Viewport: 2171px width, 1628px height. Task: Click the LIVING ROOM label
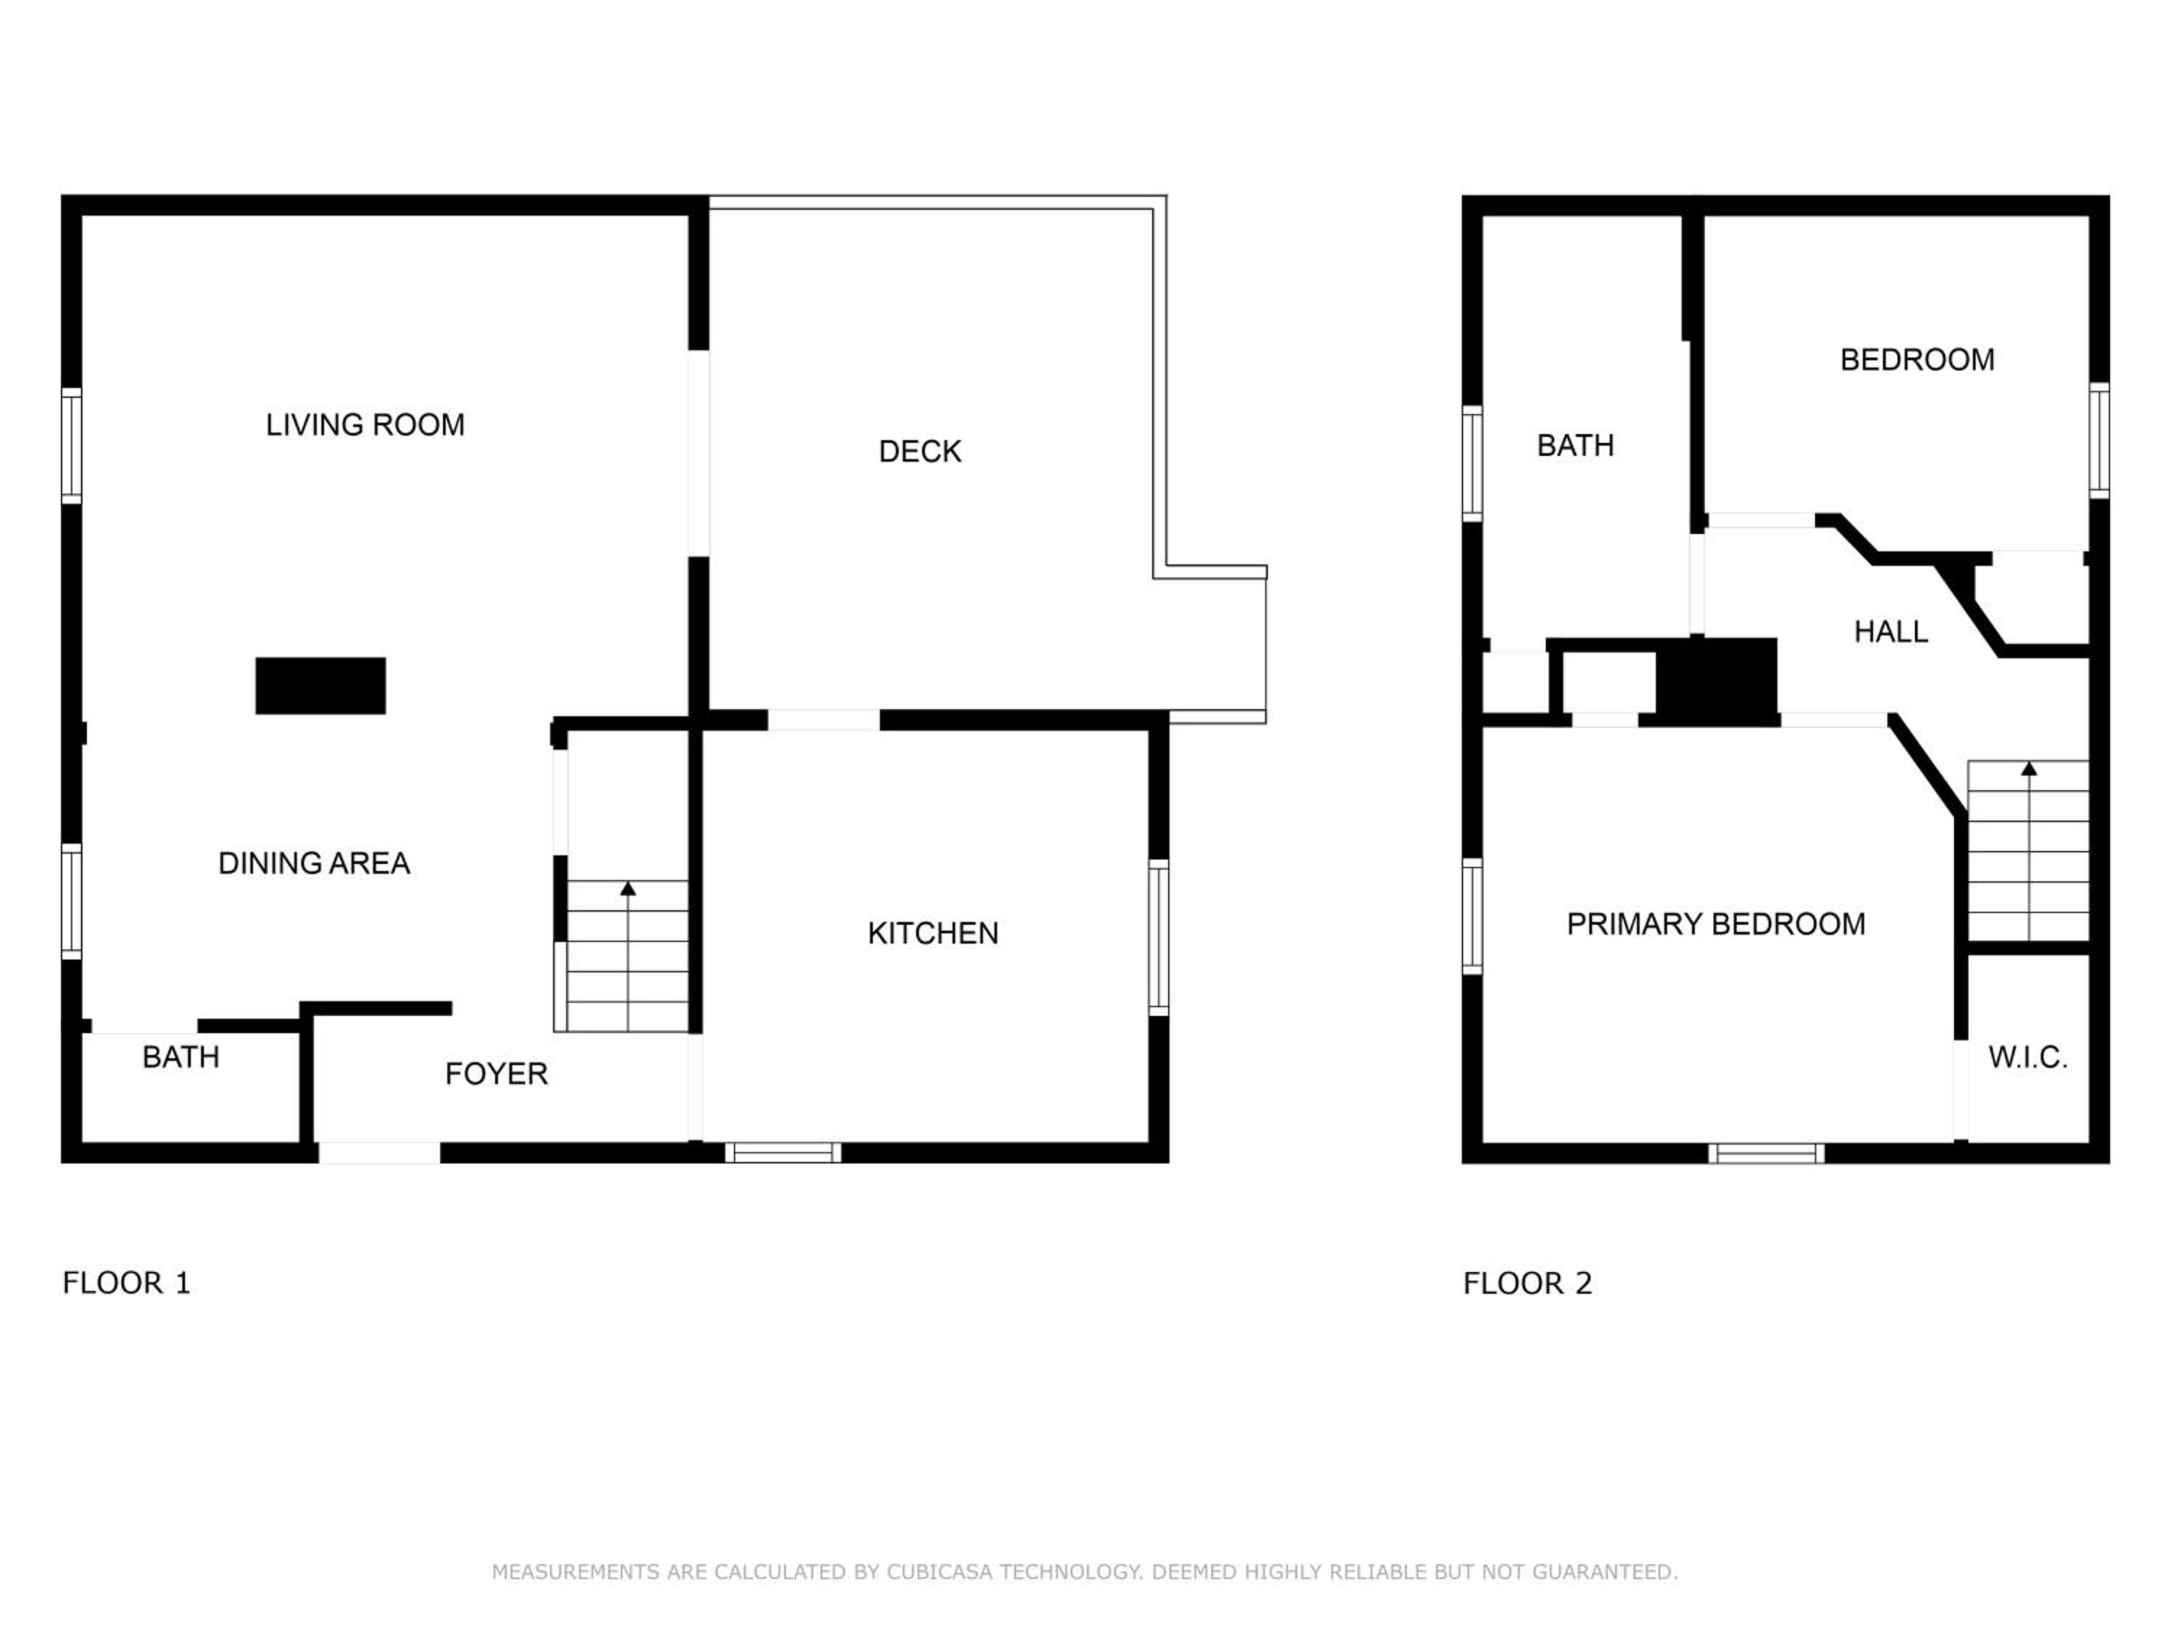365,425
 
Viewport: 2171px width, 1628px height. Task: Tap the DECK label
920,451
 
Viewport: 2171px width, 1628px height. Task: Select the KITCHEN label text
932,933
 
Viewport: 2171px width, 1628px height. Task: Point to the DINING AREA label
314,863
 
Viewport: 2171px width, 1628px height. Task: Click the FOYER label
496,1074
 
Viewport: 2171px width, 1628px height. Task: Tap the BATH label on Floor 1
181,1058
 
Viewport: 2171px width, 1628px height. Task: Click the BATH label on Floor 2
1575,446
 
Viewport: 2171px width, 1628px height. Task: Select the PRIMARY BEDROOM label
1716,925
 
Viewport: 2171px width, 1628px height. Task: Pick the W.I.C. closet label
2028,1058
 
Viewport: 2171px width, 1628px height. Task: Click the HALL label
1890,632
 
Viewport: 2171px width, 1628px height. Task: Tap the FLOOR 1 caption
127,1284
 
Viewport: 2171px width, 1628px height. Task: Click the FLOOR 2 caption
1527,1284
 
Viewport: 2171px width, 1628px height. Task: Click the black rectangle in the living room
321,686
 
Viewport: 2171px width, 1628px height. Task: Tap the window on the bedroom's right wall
2099,441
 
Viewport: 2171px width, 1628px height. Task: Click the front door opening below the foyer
379,1153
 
